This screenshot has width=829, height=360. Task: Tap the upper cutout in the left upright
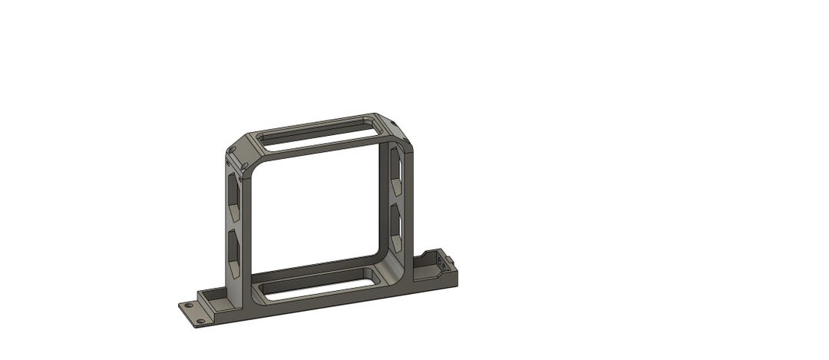pos(233,193)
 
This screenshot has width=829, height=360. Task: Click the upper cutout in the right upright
pos(395,170)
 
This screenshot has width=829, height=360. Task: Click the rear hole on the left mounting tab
pos(189,306)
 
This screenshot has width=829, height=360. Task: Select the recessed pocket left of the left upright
pos(214,294)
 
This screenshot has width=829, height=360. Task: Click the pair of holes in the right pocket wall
pos(440,263)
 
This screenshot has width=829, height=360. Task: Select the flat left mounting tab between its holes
pos(193,312)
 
